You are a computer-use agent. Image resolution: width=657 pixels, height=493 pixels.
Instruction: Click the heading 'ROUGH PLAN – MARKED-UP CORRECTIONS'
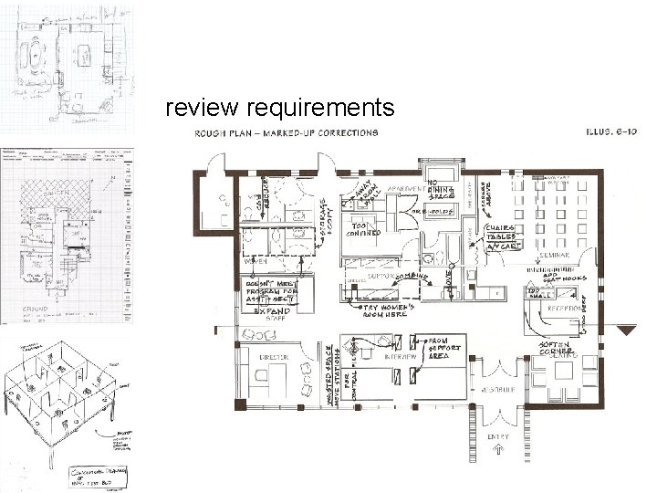(285, 132)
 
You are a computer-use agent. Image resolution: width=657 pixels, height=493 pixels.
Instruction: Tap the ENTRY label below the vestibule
(498, 437)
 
